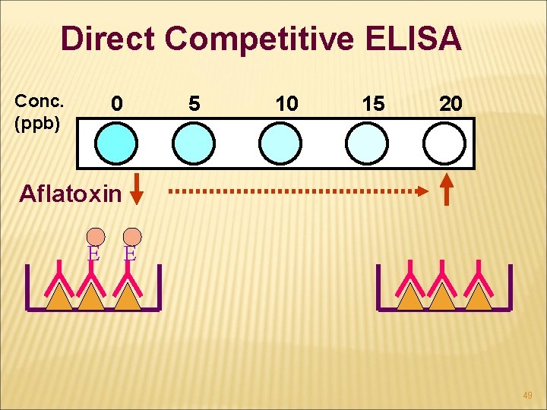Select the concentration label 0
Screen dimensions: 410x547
(x=115, y=104)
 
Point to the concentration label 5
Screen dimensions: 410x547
(x=194, y=104)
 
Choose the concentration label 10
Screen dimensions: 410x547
(x=286, y=104)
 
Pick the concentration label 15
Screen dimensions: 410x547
(x=373, y=104)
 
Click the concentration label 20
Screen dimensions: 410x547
(x=451, y=104)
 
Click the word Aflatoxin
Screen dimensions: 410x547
(x=70, y=194)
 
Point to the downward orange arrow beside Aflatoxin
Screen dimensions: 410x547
(x=137, y=189)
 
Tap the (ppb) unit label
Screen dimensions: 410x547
(x=37, y=123)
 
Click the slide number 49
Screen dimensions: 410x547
(x=527, y=396)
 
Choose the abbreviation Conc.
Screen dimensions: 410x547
(x=40, y=101)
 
